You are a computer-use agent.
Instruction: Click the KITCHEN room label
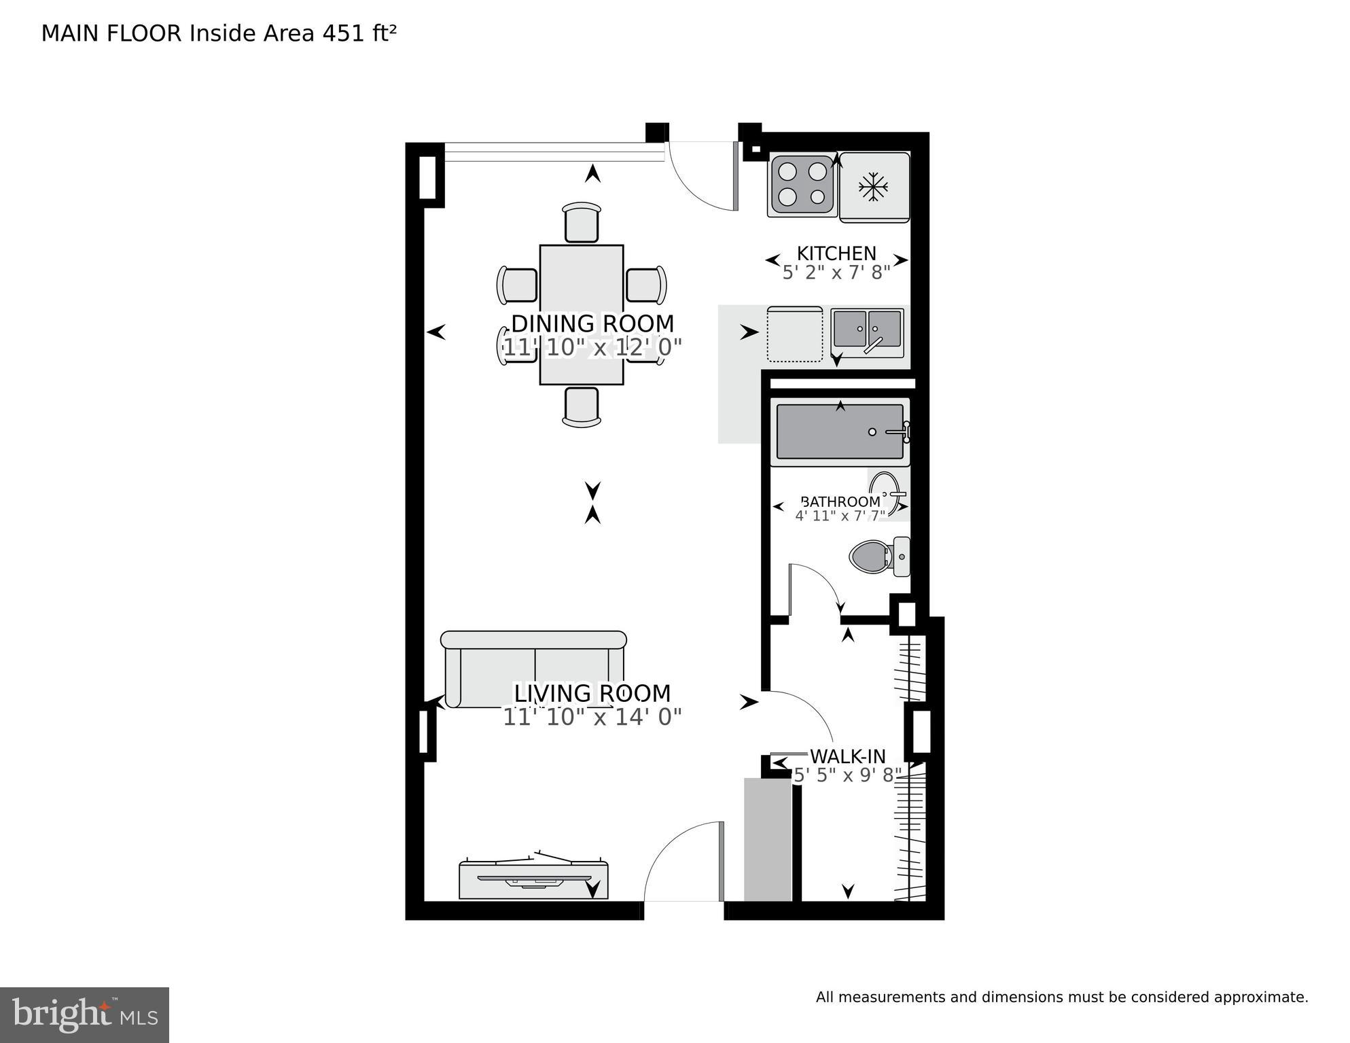[836, 253]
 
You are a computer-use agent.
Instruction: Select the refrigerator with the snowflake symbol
[874, 187]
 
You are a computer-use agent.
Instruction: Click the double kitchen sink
[868, 330]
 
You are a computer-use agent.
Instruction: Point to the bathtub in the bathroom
[840, 432]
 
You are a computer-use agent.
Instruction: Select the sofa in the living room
[533, 669]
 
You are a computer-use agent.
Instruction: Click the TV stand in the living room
[533, 880]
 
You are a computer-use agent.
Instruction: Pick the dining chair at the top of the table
[582, 222]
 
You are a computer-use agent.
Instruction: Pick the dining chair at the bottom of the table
[582, 406]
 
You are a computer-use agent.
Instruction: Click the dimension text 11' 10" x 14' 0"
[592, 717]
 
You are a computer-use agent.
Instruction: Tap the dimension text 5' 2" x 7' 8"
[836, 273]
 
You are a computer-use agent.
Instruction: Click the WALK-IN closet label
[847, 756]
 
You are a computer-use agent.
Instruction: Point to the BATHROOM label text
[840, 501]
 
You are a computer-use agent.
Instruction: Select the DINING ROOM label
[592, 323]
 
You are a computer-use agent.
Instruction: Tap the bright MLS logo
[84, 1015]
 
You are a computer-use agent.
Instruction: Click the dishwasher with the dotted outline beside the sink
[794, 334]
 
